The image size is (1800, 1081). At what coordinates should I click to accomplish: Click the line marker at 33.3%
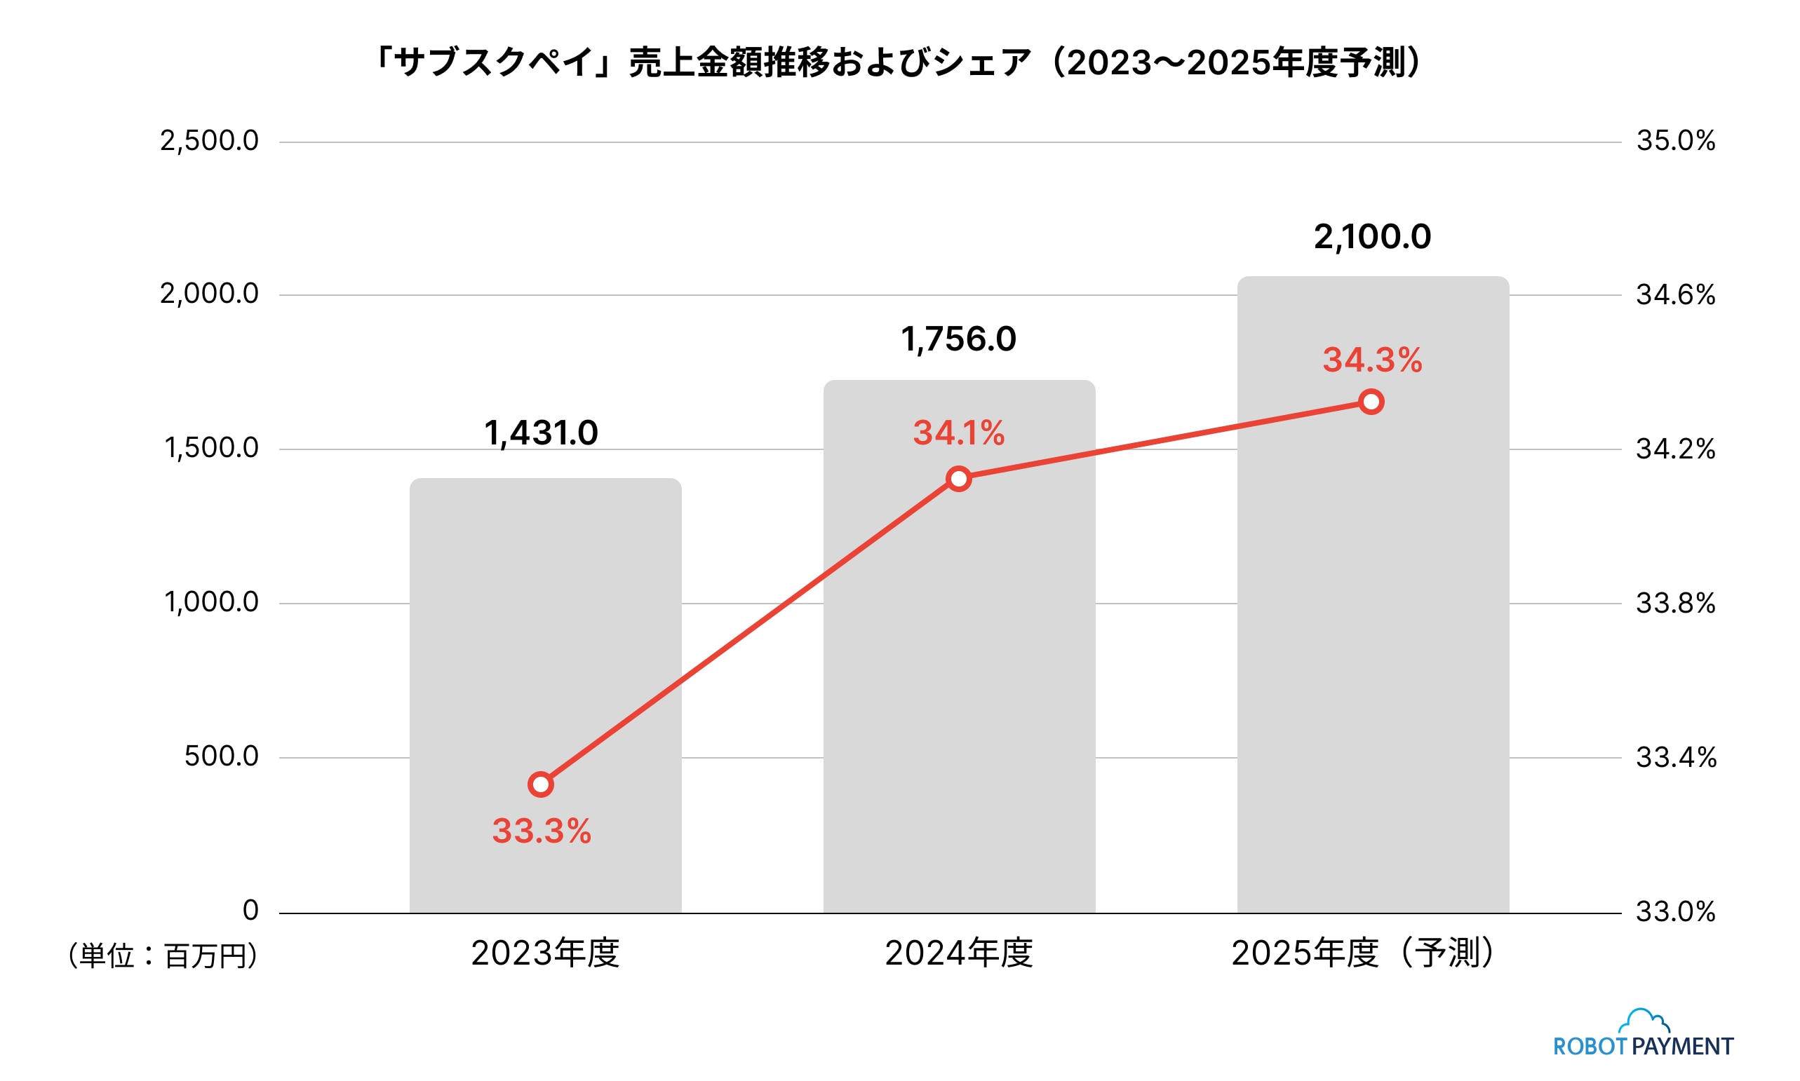pyautogui.click(x=541, y=784)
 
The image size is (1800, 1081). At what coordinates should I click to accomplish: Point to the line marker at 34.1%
pyautogui.click(x=958, y=479)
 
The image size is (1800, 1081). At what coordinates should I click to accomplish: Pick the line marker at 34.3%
pyautogui.click(x=1371, y=402)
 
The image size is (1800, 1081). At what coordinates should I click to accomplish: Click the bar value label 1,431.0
pyautogui.click(x=541, y=433)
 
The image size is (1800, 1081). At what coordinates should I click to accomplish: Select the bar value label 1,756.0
pyautogui.click(x=958, y=339)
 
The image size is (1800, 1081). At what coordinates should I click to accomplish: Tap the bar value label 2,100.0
pyautogui.click(x=1372, y=238)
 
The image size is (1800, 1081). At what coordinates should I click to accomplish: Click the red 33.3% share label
pyautogui.click(x=542, y=831)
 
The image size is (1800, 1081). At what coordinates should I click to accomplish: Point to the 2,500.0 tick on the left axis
pyautogui.click(x=209, y=142)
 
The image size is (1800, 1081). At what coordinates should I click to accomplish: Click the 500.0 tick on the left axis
pyautogui.click(x=221, y=756)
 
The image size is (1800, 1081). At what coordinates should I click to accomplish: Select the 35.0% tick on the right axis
pyautogui.click(x=1675, y=142)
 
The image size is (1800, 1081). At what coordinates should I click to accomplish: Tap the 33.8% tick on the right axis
pyautogui.click(x=1675, y=604)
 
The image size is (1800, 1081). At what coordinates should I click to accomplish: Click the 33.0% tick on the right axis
pyautogui.click(x=1675, y=912)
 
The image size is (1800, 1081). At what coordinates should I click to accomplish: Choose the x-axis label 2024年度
pyautogui.click(x=958, y=953)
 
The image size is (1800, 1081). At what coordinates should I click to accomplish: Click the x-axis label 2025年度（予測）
pyautogui.click(x=1363, y=953)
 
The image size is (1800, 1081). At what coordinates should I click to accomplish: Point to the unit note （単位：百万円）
pyautogui.click(x=163, y=956)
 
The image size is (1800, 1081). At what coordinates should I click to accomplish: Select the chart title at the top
pyautogui.click(x=899, y=62)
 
